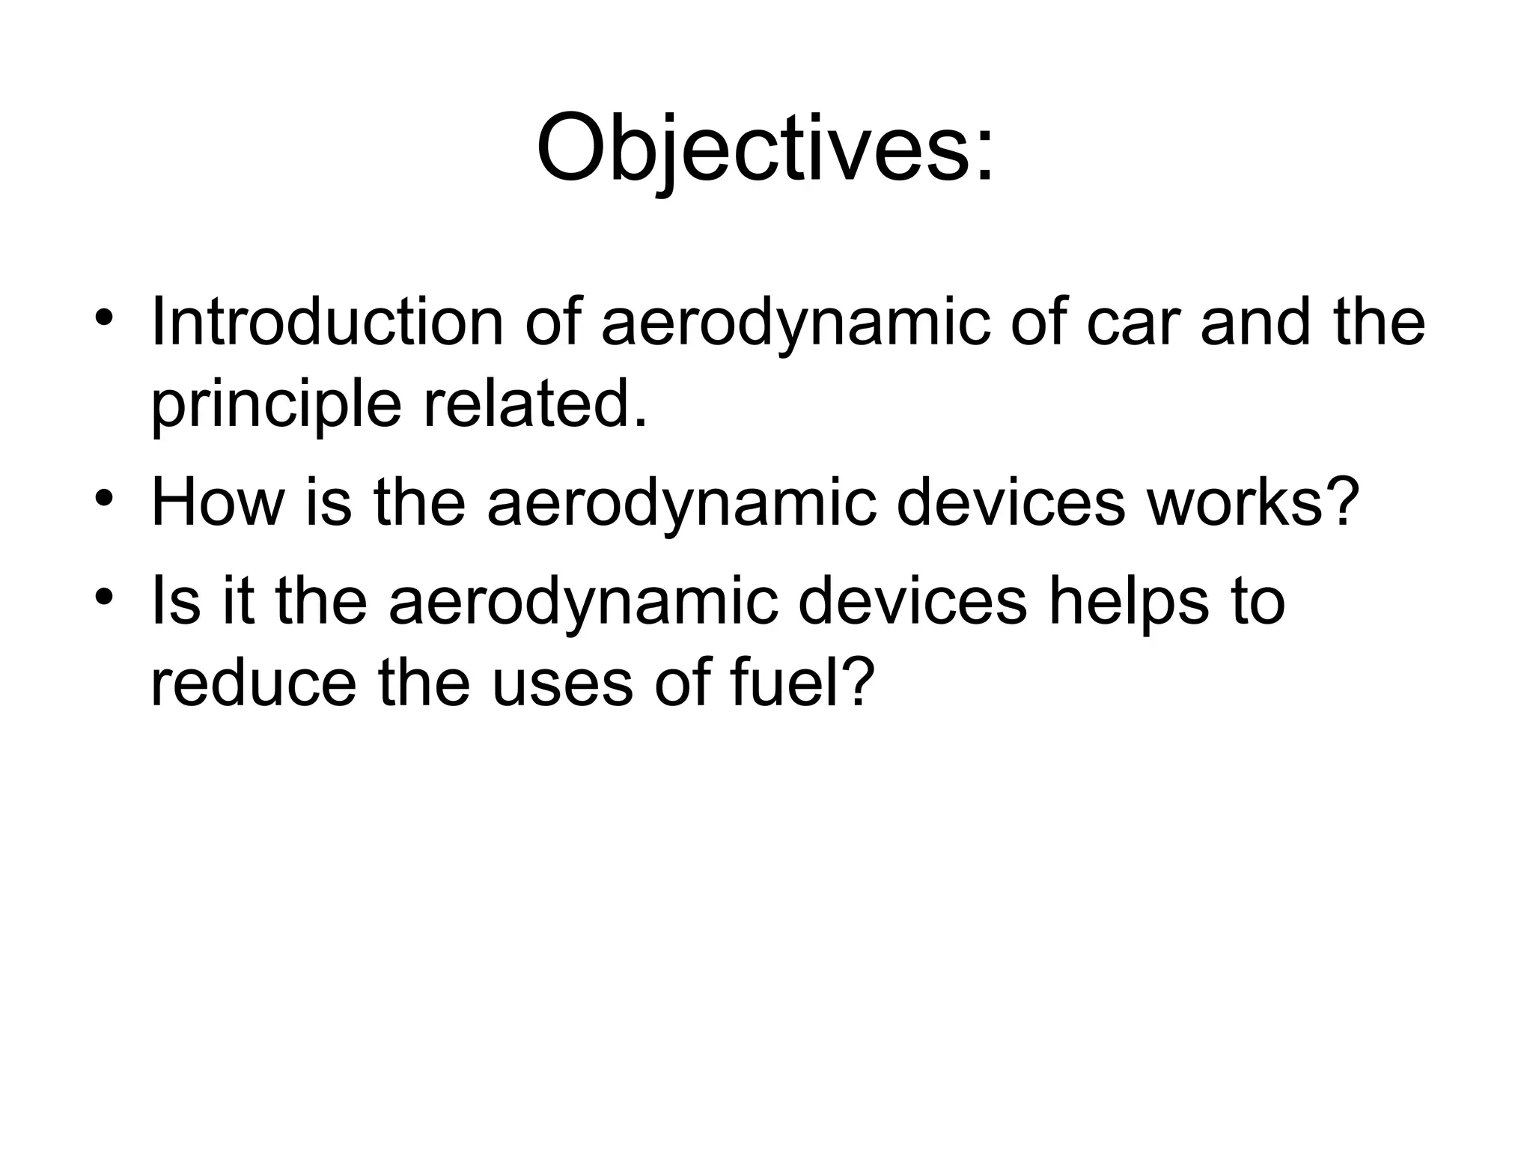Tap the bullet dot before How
click(104, 496)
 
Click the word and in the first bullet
click(1255, 323)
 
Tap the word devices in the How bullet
click(1011, 502)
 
